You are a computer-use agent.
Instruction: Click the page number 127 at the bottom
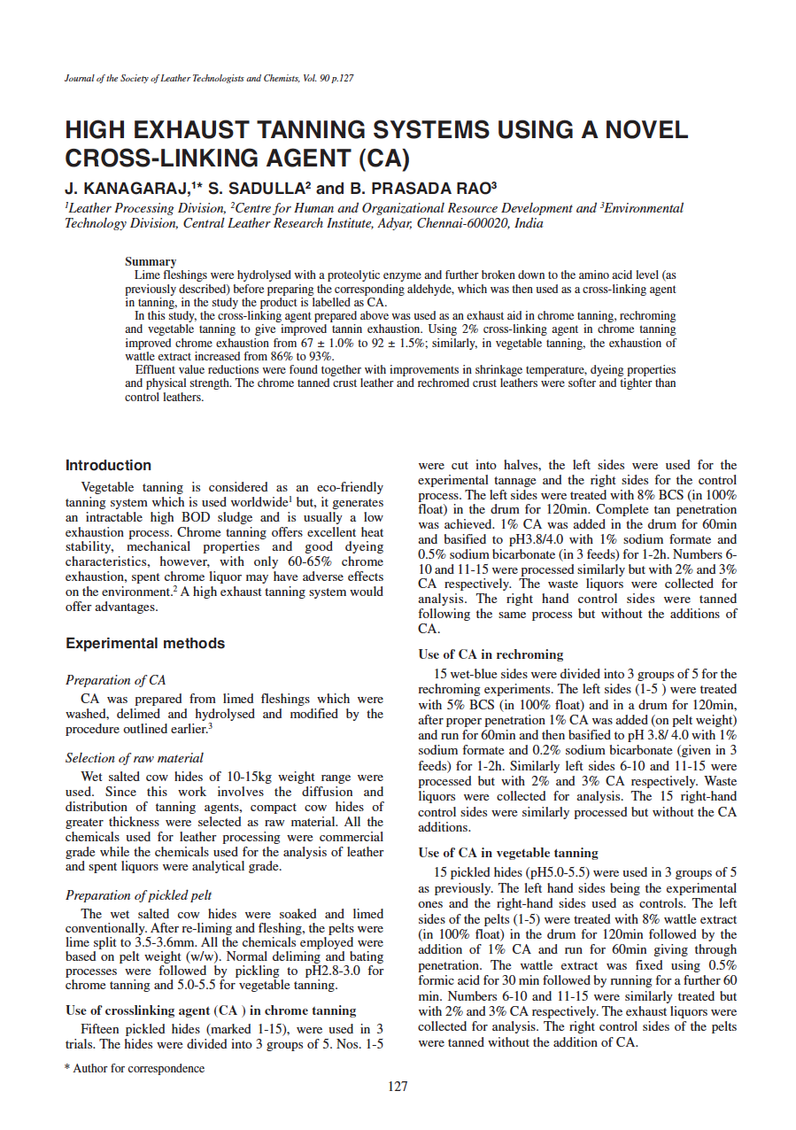tap(398, 1086)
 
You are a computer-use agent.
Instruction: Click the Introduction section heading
tap(108, 465)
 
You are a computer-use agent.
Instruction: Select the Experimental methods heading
tap(145, 643)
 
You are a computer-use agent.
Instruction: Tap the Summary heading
tap(151, 262)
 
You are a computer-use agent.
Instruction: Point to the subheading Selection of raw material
tap(135, 758)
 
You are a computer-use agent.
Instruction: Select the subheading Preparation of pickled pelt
tap(138, 894)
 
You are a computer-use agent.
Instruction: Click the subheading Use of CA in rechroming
tap(491, 654)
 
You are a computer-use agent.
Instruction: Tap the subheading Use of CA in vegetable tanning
tap(508, 853)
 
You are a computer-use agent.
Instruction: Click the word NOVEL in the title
tap(645, 131)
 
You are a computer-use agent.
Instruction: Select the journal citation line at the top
tap(210, 79)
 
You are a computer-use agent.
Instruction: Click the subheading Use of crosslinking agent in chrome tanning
tap(211, 1010)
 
